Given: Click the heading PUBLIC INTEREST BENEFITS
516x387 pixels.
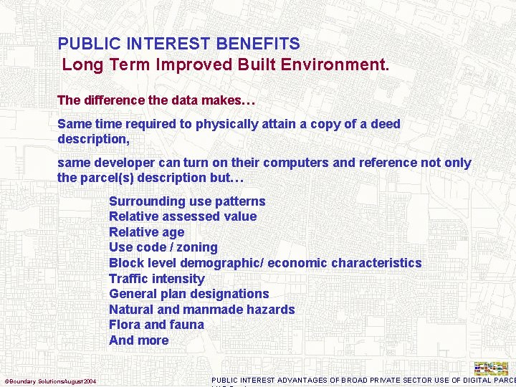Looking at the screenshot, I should point(178,44).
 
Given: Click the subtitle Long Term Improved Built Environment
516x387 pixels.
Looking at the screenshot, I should point(226,64).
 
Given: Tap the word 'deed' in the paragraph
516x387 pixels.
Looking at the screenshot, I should point(386,124).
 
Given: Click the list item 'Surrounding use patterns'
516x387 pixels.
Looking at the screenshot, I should point(187,201).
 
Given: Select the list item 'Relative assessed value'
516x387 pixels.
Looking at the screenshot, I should point(183,216).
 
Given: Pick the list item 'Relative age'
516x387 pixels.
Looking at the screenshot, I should point(146,232).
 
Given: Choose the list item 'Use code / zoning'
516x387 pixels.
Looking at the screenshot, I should point(163,247).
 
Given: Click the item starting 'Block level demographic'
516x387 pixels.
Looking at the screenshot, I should point(265,263).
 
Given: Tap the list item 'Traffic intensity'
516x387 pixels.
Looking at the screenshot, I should point(156,279).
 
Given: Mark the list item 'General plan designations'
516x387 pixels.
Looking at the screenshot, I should point(188,294).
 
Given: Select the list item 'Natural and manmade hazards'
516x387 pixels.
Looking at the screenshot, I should point(201,310).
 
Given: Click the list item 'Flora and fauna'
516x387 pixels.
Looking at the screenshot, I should point(156,325).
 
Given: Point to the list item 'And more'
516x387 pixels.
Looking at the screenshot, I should point(138,340).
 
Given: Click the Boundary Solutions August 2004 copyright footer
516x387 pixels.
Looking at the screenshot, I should point(51,381).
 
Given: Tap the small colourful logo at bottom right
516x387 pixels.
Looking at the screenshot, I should point(491,368).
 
